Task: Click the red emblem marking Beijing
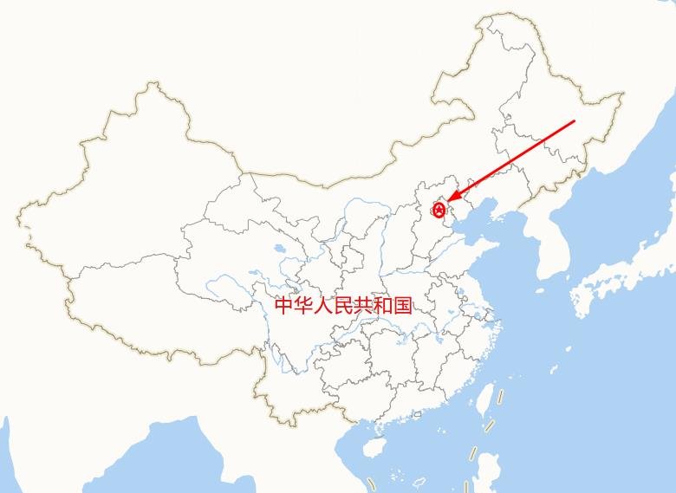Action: [439, 210]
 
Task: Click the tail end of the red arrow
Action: [574, 121]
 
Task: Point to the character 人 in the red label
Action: [323, 305]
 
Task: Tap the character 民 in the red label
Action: [343, 305]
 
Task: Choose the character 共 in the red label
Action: [363, 305]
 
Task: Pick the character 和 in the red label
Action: [383, 305]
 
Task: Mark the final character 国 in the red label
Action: [402, 305]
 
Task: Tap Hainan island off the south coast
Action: [374, 447]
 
